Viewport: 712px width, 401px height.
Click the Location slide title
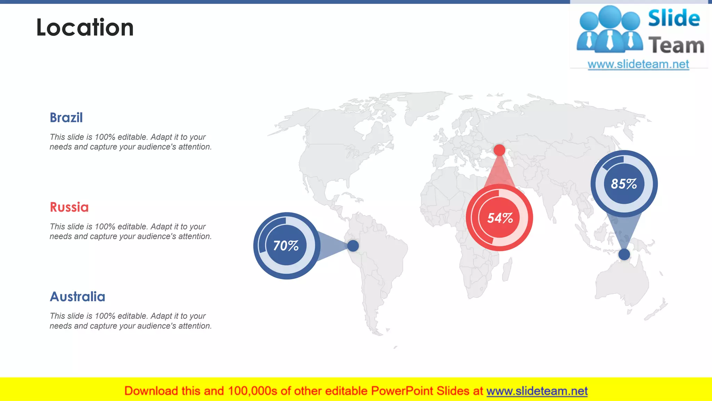click(85, 27)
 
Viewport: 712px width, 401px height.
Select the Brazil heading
click(66, 118)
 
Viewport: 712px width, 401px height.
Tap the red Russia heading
click(69, 207)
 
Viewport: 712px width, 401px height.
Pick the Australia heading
click(77, 297)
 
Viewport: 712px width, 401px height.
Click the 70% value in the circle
click(286, 246)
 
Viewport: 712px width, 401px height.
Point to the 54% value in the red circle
click(500, 218)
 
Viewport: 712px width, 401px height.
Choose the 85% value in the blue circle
click(624, 184)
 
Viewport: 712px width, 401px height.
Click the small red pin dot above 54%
click(499, 150)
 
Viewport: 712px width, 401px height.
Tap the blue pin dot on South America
click(353, 246)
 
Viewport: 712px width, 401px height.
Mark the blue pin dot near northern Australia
click(624, 254)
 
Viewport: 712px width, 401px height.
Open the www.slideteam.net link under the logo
click(638, 64)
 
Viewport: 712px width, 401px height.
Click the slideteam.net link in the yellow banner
click(537, 391)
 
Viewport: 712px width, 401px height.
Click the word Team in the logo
click(676, 46)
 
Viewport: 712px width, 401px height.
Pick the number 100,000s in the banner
click(252, 391)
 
